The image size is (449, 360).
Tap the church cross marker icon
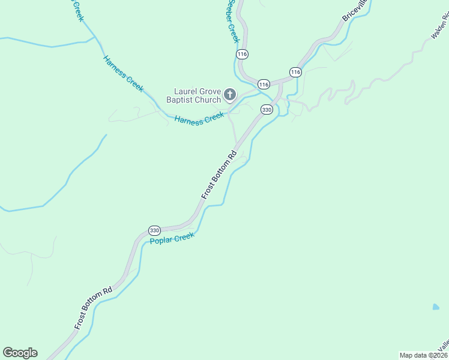coord(229,94)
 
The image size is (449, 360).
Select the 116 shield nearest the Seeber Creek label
coord(242,54)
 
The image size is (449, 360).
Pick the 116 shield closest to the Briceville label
coord(295,72)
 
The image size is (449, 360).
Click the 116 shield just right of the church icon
coord(263,83)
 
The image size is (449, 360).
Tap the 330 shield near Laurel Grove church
coord(267,109)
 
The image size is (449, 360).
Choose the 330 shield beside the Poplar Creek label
coord(154,230)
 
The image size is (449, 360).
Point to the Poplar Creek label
coord(173,239)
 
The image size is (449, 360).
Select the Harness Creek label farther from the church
coord(123,74)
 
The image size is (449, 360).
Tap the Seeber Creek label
coord(233,20)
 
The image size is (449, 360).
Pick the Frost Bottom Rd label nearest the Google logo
coord(94,308)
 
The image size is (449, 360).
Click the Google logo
coord(20,353)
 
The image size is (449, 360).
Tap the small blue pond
coord(436,307)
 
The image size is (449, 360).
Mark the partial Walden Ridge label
coord(440,27)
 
